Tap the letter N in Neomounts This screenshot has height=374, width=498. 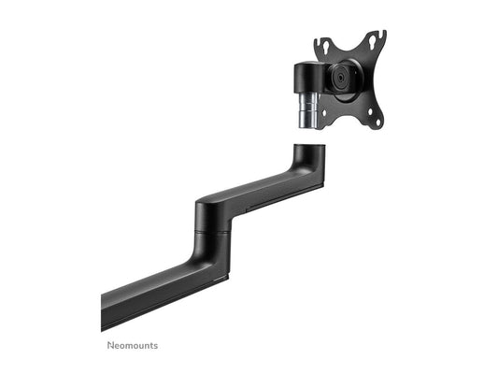pos(107,343)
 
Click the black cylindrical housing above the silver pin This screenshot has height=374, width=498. pos(306,77)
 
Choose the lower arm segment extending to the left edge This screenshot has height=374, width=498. pos(149,290)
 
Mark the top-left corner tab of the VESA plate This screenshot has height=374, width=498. pos(319,42)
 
